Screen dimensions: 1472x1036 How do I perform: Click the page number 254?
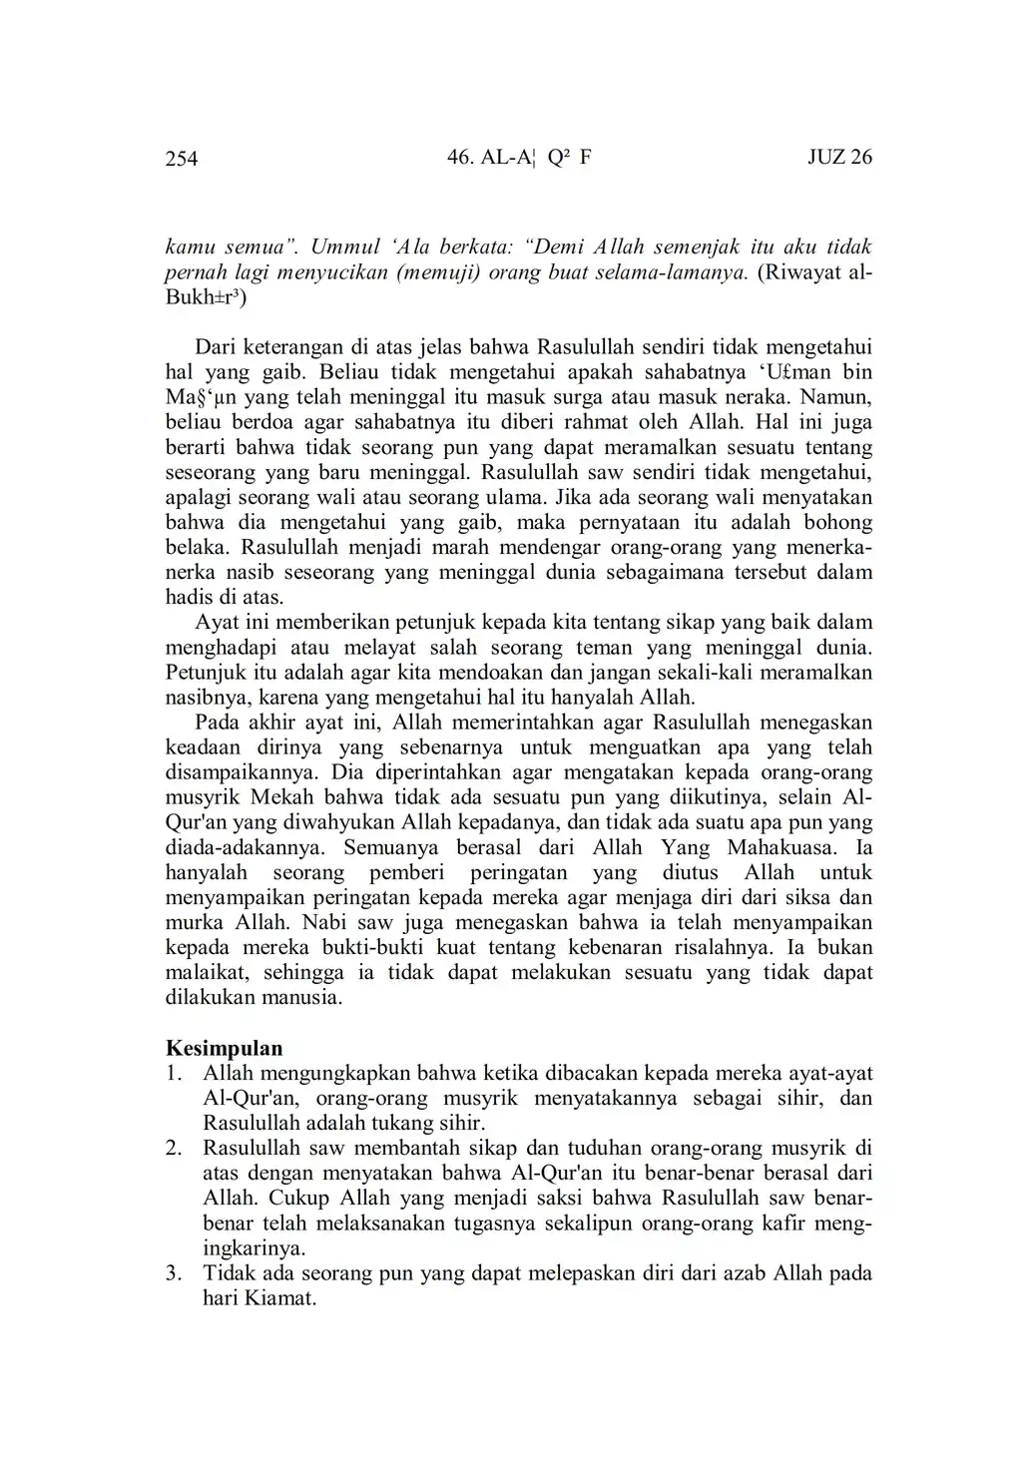tap(182, 159)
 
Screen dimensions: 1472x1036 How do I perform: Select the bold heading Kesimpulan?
tap(224, 1049)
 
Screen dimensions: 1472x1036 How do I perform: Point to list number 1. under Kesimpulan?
tap(174, 1074)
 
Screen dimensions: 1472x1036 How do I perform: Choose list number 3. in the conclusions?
tap(174, 1273)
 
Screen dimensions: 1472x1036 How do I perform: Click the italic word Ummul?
tap(341, 246)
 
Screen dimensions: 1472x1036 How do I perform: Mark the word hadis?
tap(189, 598)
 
